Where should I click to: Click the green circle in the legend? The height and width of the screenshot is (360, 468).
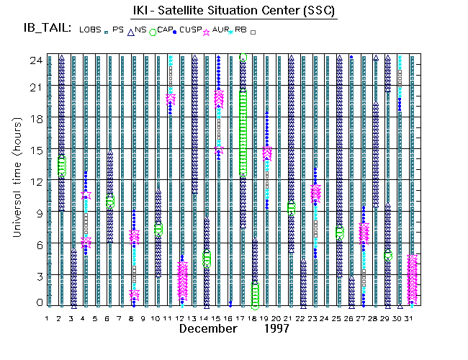153,32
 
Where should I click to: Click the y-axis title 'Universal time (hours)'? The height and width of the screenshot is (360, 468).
15,180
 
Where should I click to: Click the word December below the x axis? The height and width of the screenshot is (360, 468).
208,329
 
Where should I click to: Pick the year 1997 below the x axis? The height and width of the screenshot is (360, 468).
275,329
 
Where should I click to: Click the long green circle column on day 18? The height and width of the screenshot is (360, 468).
243,133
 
